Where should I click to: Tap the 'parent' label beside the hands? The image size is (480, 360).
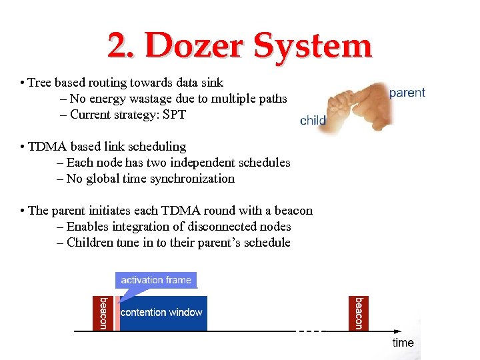407,93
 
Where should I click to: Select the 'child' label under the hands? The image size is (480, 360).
313,121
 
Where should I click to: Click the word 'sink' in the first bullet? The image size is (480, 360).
213,83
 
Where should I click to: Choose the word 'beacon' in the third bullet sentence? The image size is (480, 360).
291,211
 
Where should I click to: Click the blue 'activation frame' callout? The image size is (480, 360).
156,280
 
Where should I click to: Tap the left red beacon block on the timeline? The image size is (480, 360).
103,313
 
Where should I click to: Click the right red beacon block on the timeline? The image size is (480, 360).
359,313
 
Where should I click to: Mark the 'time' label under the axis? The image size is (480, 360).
403,343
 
